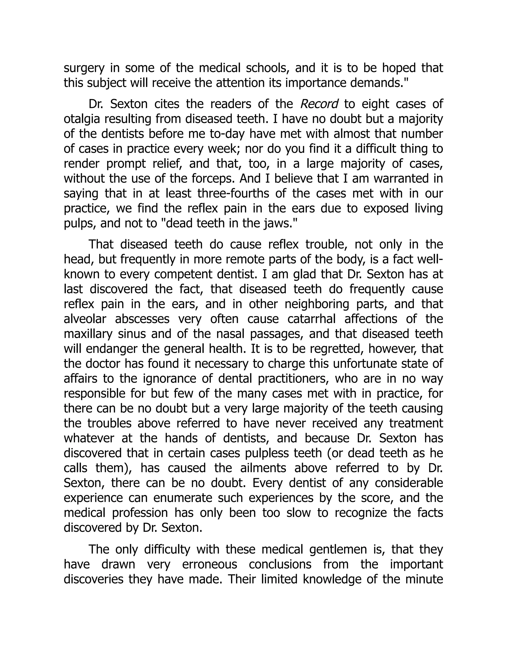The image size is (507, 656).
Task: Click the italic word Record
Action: click(319, 104)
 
